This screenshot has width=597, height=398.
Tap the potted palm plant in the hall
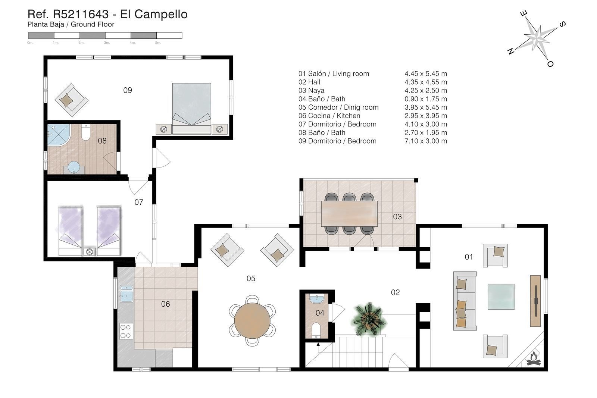[x=369, y=318]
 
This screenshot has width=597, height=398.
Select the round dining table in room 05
[x=252, y=320]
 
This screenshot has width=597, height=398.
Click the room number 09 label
[x=128, y=90]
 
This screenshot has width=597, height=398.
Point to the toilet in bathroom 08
[x=85, y=132]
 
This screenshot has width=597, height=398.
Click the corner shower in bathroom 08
[x=58, y=135]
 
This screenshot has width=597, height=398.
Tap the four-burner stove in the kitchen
[x=126, y=331]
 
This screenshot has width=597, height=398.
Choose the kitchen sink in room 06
[x=126, y=294]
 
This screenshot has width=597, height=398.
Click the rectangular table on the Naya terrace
[x=349, y=214]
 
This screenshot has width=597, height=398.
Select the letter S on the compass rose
[x=562, y=24]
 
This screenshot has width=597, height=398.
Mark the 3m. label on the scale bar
[x=107, y=43]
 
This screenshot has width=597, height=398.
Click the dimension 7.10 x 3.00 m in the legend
[x=426, y=141]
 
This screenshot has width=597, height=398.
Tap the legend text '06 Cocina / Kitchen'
[x=329, y=116]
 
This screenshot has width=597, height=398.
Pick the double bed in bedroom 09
[x=192, y=109]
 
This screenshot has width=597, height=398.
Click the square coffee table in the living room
[x=501, y=297]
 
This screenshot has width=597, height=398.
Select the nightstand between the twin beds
[x=89, y=251]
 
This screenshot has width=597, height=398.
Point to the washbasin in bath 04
[x=317, y=299]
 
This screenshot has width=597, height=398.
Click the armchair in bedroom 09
[x=71, y=100]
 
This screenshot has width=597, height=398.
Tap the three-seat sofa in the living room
[x=465, y=301]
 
